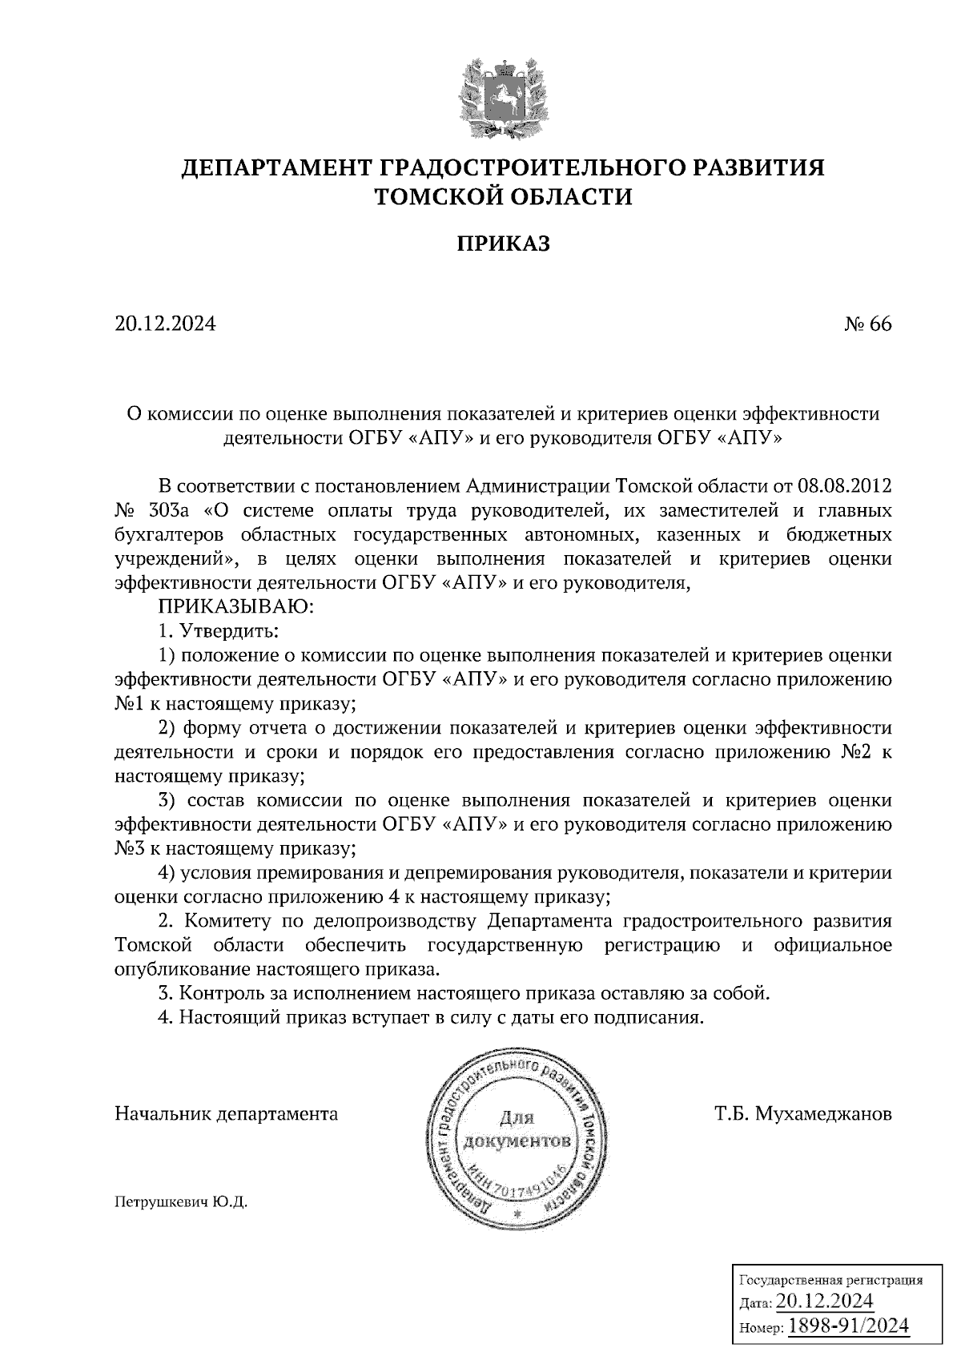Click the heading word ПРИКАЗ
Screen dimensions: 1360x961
click(503, 243)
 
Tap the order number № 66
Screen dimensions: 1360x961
click(867, 324)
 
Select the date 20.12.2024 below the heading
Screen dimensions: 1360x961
click(166, 324)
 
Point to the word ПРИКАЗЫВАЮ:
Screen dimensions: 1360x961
click(237, 607)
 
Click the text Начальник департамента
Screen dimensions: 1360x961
click(227, 1114)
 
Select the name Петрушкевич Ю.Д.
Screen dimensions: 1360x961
click(182, 1202)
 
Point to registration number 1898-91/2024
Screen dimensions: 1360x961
click(849, 1326)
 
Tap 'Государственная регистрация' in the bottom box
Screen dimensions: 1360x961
click(829, 1279)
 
